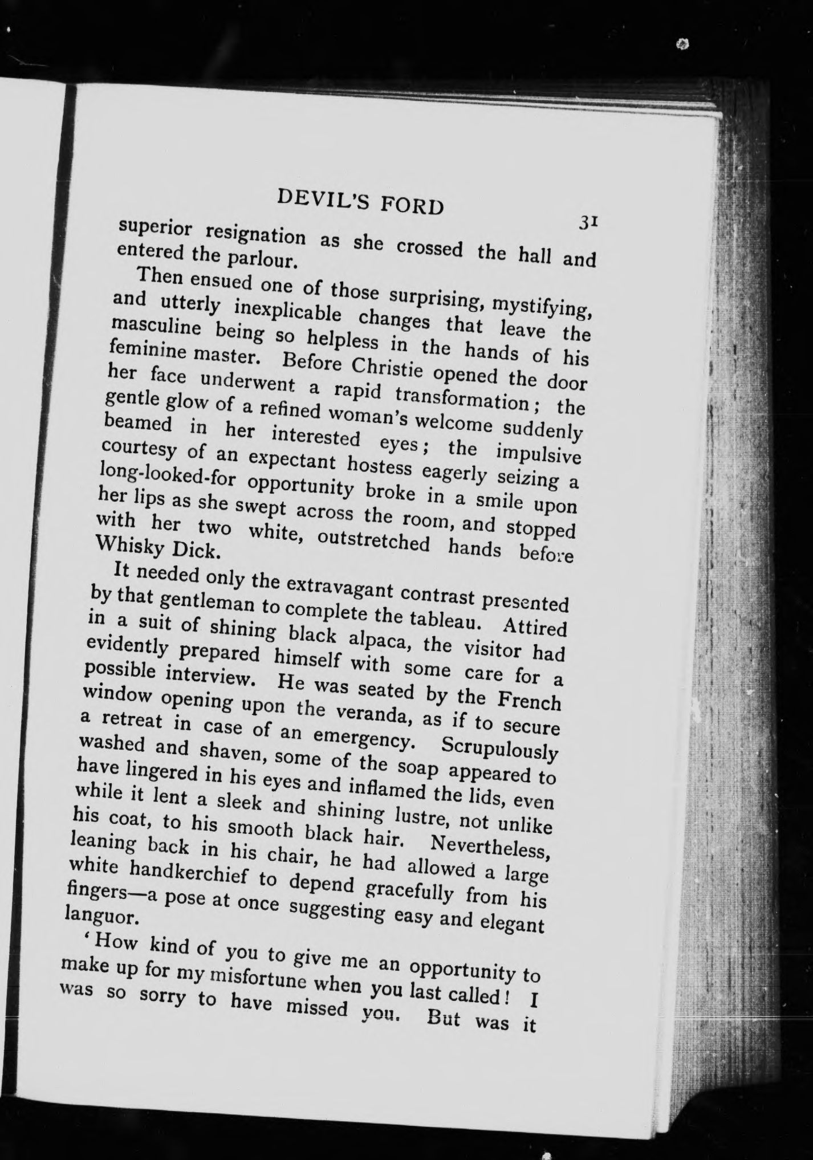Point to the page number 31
(587, 222)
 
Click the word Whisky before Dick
(126, 545)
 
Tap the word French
(529, 699)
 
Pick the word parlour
(262, 259)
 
